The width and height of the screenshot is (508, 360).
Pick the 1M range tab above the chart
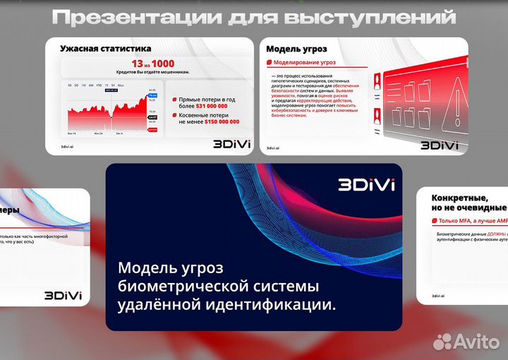click(83, 85)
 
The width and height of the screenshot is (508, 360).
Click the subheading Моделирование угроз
click(303, 62)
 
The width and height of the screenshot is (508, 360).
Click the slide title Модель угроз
click(296, 49)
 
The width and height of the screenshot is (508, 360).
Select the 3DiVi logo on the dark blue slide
click(366, 185)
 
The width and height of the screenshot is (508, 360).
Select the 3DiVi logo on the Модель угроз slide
click(440, 145)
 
